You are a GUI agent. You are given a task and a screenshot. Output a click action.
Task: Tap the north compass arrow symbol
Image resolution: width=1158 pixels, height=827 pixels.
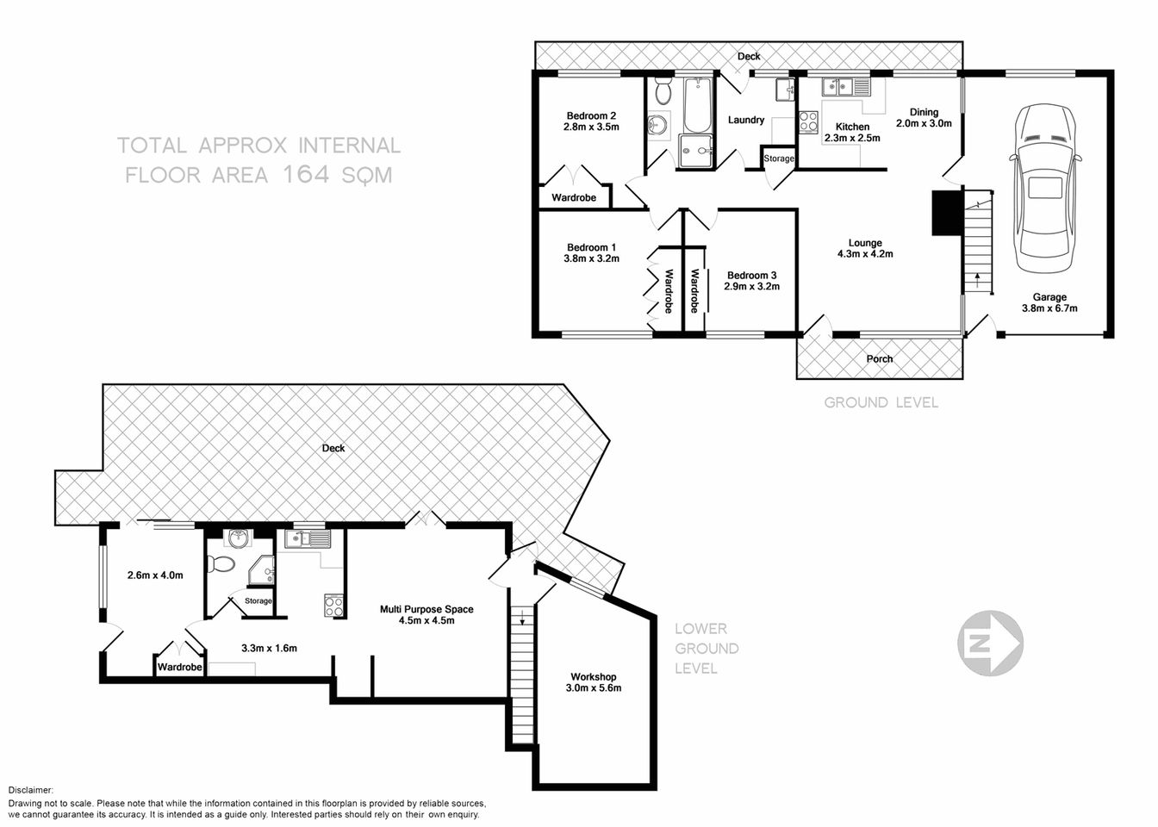pos(990,642)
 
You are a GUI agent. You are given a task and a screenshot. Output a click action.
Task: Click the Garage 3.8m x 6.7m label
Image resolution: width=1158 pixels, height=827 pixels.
pos(1049,302)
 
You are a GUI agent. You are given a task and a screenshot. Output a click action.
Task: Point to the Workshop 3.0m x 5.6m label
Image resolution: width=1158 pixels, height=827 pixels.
pos(593,682)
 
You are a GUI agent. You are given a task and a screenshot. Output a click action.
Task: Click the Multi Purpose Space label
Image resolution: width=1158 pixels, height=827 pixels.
pos(426,614)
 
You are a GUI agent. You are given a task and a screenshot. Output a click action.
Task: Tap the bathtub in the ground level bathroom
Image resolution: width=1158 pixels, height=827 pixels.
pos(696,103)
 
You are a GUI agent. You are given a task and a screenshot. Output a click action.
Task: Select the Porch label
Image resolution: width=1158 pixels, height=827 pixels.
pos(880,358)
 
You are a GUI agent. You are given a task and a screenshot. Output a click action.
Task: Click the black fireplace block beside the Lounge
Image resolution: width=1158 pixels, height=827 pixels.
pos(946,213)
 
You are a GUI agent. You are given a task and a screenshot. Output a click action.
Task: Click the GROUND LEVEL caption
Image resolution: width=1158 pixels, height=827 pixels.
pos(881,402)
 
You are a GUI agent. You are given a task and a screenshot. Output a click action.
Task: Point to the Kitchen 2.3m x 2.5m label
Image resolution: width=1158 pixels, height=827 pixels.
pos(852,132)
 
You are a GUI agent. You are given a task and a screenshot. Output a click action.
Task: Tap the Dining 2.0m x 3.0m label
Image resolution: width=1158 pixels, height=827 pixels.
pos(924,117)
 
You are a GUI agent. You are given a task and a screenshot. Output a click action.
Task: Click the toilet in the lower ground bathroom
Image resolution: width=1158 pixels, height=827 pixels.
pos(223,565)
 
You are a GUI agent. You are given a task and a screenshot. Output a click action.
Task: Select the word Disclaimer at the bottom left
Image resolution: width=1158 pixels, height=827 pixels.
pos(31,790)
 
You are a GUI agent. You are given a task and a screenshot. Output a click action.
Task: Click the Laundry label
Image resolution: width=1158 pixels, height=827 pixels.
pos(746,120)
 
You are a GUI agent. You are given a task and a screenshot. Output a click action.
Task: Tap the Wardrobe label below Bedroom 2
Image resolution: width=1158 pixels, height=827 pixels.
pos(574,197)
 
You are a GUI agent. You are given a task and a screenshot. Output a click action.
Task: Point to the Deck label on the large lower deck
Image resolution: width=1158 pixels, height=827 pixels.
pos(333,448)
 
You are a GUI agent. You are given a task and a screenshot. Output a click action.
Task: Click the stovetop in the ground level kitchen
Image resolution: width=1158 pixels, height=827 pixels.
pos(808,122)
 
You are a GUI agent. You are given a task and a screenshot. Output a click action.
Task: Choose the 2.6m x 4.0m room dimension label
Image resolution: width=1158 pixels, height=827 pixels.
pos(155,575)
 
